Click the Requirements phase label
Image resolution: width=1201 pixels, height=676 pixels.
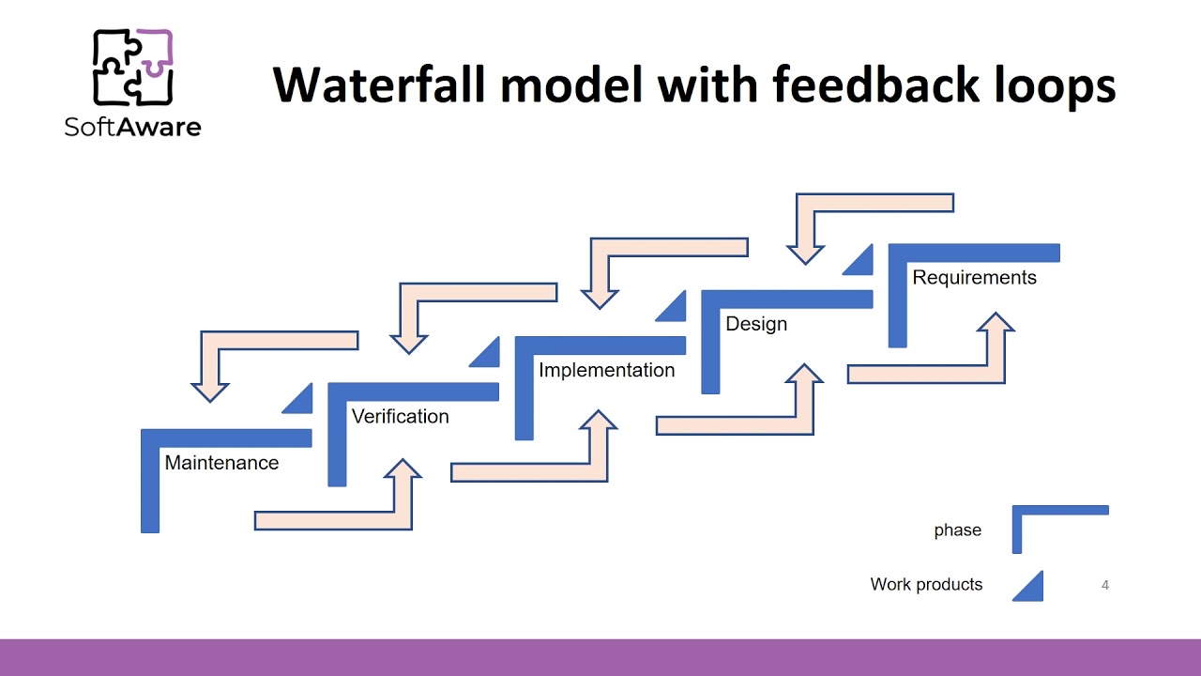(974, 278)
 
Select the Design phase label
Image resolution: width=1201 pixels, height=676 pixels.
(756, 324)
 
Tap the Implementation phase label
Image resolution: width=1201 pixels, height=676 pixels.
(606, 370)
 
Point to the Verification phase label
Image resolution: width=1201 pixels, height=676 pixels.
(400, 416)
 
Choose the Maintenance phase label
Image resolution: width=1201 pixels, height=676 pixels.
(221, 463)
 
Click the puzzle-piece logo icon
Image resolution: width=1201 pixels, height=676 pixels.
(132, 68)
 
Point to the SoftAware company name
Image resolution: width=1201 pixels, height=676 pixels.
(132, 127)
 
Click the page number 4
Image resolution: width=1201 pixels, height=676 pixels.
(1104, 585)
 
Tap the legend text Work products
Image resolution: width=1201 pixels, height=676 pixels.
(926, 584)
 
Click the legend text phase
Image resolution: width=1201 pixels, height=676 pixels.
(957, 530)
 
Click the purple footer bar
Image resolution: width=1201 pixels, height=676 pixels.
(600, 657)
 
